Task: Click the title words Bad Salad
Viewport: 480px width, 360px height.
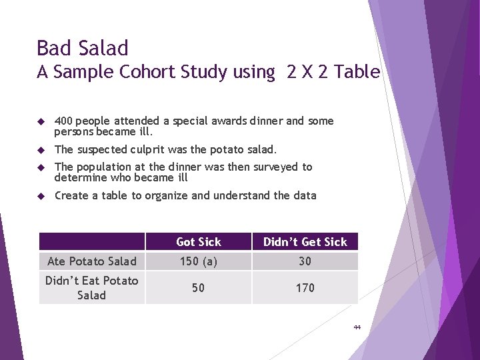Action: [x=82, y=48]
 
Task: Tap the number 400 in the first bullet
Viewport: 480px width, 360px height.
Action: [x=64, y=121]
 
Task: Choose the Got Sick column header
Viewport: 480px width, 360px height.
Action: [x=198, y=242]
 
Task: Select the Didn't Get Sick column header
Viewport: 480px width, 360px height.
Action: [x=305, y=242]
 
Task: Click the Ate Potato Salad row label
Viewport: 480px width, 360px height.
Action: [x=92, y=261]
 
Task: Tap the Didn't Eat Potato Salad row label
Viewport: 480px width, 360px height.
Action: [x=92, y=287]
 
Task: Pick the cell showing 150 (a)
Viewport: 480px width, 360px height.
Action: [x=198, y=261]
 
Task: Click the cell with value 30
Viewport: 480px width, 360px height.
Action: [x=305, y=261]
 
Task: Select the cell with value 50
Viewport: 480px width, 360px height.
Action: [x=198, y=287]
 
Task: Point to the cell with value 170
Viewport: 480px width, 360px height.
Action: [x=305, y=287]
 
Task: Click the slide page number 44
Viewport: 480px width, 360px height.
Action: [x=357, y=327]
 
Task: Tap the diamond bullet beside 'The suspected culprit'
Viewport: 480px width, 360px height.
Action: [x=41, y=149]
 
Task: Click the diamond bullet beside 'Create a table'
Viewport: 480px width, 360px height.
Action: [x=41, y=196]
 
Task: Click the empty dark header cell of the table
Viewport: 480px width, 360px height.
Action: [x=92, y=241]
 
